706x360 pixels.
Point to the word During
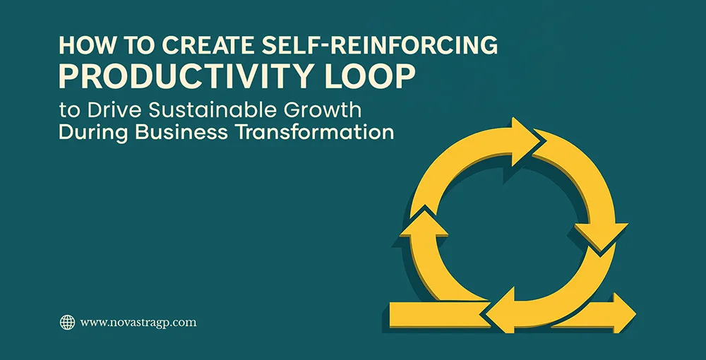tap(88, 132)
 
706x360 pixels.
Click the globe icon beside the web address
tap(67, 323)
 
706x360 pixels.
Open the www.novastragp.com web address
tap(138, 323)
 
